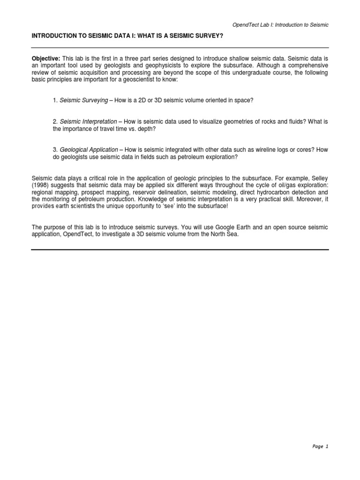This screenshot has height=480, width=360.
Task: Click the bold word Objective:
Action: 46,58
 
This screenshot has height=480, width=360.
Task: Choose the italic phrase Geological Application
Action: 89,150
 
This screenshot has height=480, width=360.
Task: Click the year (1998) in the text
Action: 40,186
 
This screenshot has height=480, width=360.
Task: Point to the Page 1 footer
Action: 320,447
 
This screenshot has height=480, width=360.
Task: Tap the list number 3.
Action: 55,150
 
